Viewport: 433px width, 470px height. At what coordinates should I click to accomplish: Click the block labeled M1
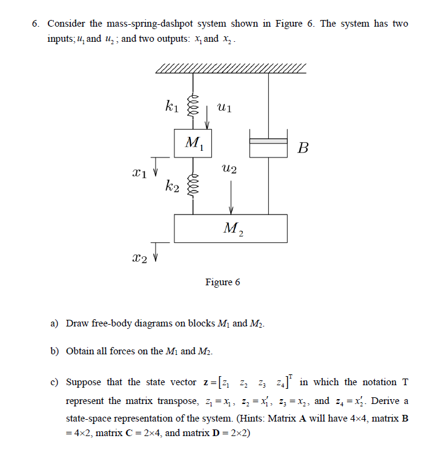193,143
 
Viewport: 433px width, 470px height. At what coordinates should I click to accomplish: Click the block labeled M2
231,228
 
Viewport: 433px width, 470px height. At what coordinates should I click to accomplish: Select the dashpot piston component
268,141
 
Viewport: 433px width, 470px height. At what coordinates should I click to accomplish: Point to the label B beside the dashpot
303,148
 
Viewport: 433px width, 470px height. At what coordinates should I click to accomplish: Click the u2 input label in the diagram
230,170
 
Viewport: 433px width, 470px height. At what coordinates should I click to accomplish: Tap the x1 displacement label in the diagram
139,174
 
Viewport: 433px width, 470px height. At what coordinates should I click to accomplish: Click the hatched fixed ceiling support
231,68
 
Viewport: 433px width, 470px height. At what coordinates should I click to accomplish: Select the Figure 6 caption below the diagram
222,282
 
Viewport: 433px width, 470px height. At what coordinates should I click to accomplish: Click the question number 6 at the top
36,24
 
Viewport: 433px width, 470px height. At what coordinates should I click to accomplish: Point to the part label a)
54,323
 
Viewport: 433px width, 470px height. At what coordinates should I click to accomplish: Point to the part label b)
54,351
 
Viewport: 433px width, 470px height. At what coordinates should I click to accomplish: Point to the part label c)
54,382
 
